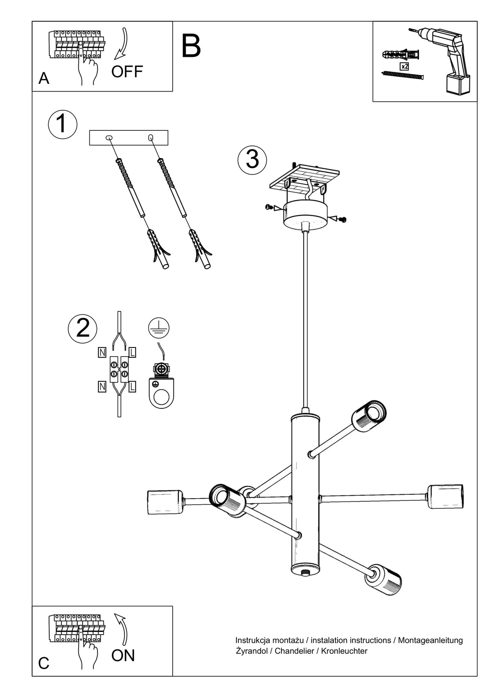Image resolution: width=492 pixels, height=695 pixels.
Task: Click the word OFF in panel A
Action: (127, 72)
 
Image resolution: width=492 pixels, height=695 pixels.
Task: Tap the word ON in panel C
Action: (123, 655)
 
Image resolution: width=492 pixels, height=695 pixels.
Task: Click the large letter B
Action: (191, 46)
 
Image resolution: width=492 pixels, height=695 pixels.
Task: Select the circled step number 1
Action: (62, 124)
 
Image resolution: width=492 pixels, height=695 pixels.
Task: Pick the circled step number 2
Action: (83, 328)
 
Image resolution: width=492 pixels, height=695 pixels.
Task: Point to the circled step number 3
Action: (252, 159)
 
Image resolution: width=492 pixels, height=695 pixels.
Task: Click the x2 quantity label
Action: (404, 66)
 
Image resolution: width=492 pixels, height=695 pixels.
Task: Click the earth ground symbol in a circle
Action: (159, 328)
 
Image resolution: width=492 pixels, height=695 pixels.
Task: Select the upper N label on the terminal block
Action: (102, 352)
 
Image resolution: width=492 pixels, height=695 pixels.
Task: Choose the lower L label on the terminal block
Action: (132, 387)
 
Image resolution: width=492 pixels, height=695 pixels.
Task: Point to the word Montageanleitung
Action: (430, 640)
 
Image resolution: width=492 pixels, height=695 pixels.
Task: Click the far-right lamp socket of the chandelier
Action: (445, 496)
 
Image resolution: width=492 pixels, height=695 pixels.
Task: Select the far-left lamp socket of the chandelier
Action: (165, 502)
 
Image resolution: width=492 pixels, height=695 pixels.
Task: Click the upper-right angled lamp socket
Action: (368, 415)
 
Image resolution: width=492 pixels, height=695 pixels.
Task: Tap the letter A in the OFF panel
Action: (44, 79)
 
